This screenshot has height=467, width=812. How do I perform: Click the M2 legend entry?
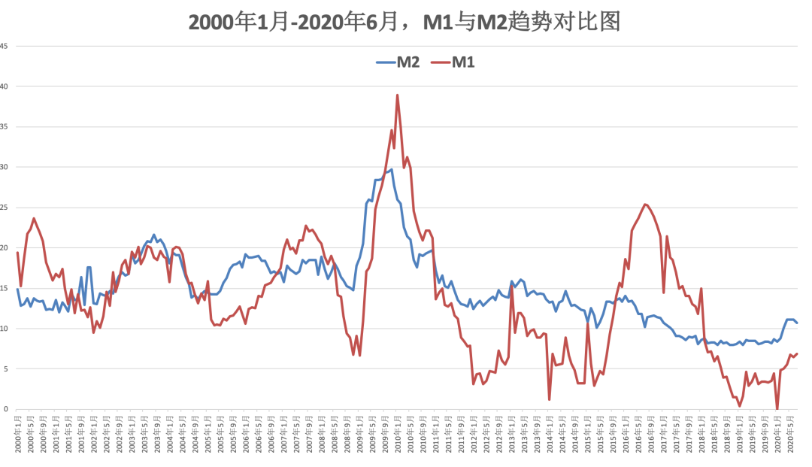[x=398, y=62]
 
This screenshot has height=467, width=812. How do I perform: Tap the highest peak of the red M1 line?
[x=397, y=96]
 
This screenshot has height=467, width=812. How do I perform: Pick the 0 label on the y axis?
[x=6, y=410]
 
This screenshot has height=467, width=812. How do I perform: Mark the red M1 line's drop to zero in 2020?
[x=777, y=408]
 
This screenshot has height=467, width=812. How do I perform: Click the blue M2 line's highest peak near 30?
[x=391, y=170]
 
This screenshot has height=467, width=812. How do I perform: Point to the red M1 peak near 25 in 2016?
[x=646, y=205]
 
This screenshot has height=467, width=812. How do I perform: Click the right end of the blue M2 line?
[x=797, y=323]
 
